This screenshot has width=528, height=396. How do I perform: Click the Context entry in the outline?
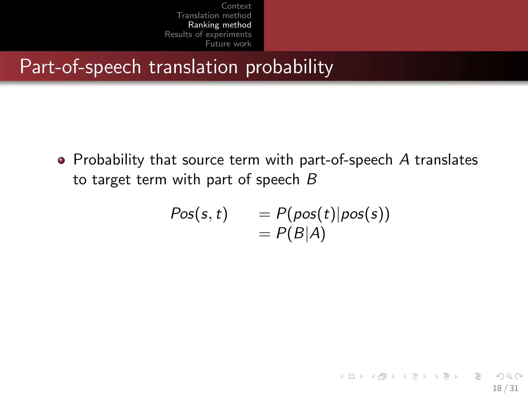(x=236, y=6)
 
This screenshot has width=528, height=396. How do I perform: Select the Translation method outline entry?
(x=214, y=15)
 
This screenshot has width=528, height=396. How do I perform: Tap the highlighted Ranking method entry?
(x=220, y=25)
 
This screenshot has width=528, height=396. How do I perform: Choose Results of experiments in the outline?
(x=208, y=34)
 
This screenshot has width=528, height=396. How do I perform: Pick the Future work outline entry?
(x=228, y=44)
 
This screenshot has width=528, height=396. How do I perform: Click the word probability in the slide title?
(x=289, y=67)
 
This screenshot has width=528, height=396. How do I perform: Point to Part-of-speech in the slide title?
(x=80, y=67)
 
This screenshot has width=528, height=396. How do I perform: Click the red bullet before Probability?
(x=61, y=161)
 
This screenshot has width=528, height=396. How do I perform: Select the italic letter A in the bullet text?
(x=404, y=160)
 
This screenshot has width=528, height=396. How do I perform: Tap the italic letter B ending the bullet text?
(x=312, y=179)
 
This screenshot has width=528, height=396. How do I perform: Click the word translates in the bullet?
(x=446, y=160)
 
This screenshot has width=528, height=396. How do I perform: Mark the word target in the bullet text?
(x=111, y=180)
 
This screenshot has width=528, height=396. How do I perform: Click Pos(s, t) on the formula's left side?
(x=199, y=214)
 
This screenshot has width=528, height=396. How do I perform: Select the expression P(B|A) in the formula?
(x=301, y=234)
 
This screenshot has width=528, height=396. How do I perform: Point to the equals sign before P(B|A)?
(x=264, y=234)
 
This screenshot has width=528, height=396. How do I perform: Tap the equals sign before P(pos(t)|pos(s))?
(x=264, y=214)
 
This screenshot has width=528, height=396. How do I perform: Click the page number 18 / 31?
(x=505, y=388)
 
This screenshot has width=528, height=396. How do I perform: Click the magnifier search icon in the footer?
(x=509, y=376)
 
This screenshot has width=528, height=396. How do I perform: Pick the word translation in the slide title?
(x=193, y=67)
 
